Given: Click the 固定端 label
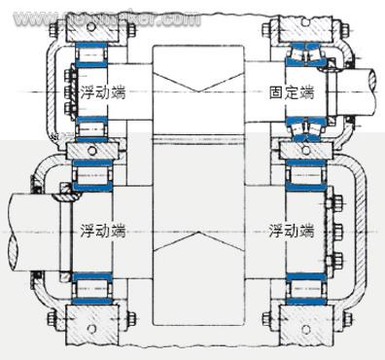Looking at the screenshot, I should (292, 92).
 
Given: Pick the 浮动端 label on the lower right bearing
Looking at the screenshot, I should (293, 232).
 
